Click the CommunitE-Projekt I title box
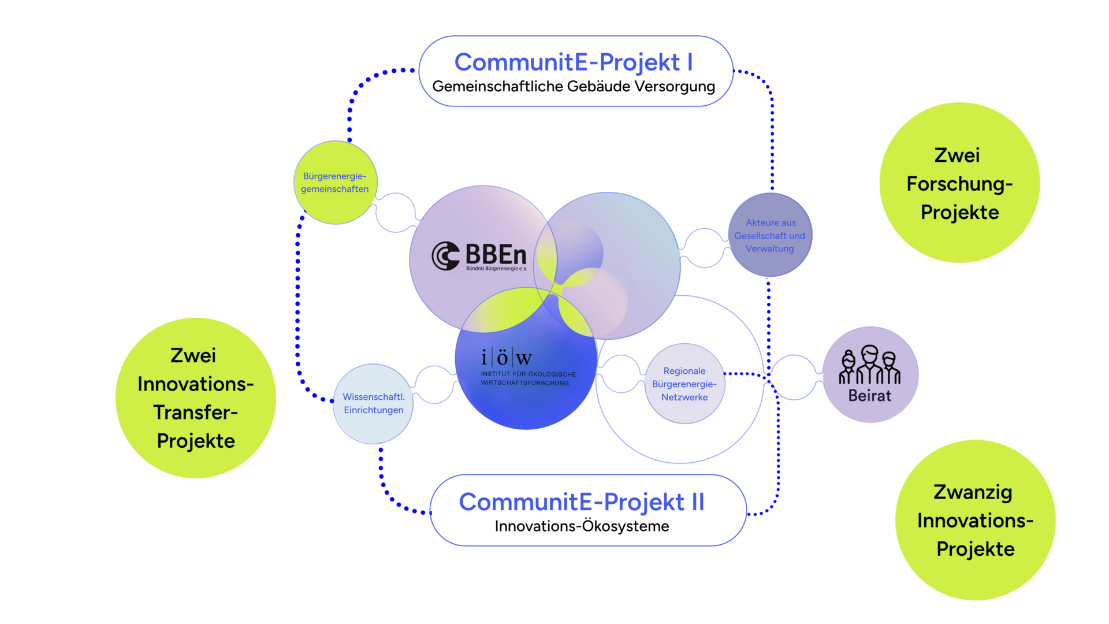(x=575, y=70)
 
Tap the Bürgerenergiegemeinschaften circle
(x=335, y=183)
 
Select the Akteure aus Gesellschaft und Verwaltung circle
(x=770, y=235)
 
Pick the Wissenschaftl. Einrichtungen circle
(x=374, y=403)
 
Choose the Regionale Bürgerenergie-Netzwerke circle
(x=684, y=384)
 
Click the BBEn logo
(x=479, y=256)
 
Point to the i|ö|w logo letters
(x=506, y=358)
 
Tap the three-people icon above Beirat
(x=869, y=365)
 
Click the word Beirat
(x=869, y=396)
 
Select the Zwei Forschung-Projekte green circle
(x=959, y=183)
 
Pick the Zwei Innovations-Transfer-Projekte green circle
(x=196, y=398)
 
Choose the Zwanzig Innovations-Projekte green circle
(x=975, y=520)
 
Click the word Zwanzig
(x=973, y=492)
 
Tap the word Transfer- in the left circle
(x=196, y=413)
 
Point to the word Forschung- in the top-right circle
(x=959, y=184)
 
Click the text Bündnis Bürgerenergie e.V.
(x=496, y=269)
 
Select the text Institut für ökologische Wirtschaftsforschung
(x=528, y=378)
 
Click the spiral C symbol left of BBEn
(x=445, y=256)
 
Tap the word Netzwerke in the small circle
(x=684, y=398)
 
